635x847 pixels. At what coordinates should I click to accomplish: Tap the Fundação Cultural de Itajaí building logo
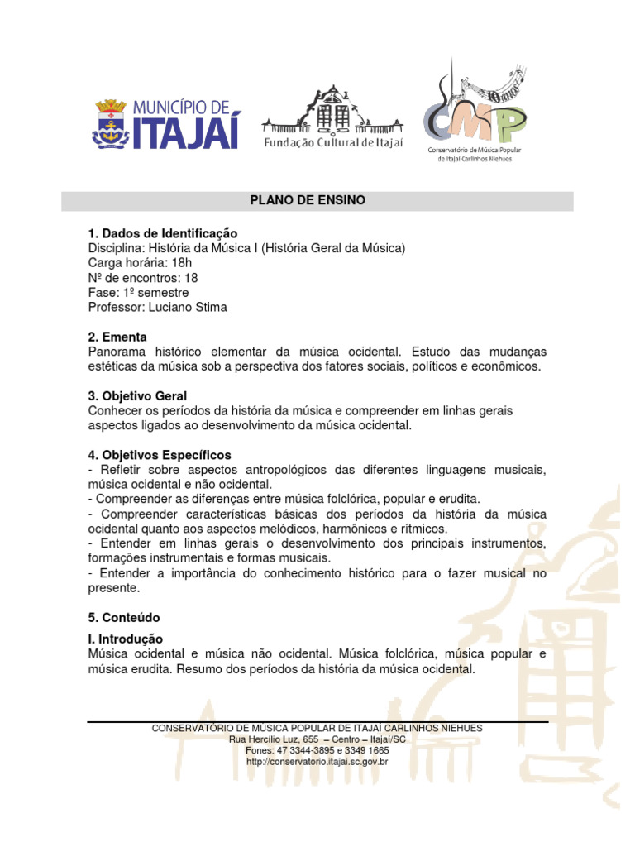tap(332, 117)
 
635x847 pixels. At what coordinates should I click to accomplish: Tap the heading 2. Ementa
tap(117, 337)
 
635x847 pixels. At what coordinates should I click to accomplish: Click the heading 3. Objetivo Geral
tap(137, 396)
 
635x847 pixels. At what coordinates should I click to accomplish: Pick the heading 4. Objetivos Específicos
tap(160, 455)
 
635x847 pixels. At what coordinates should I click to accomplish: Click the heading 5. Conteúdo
tap(124, 618)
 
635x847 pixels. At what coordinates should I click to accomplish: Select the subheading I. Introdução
tap(126, 639)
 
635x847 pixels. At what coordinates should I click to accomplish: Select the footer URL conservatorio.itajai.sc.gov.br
tap(317, 761)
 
